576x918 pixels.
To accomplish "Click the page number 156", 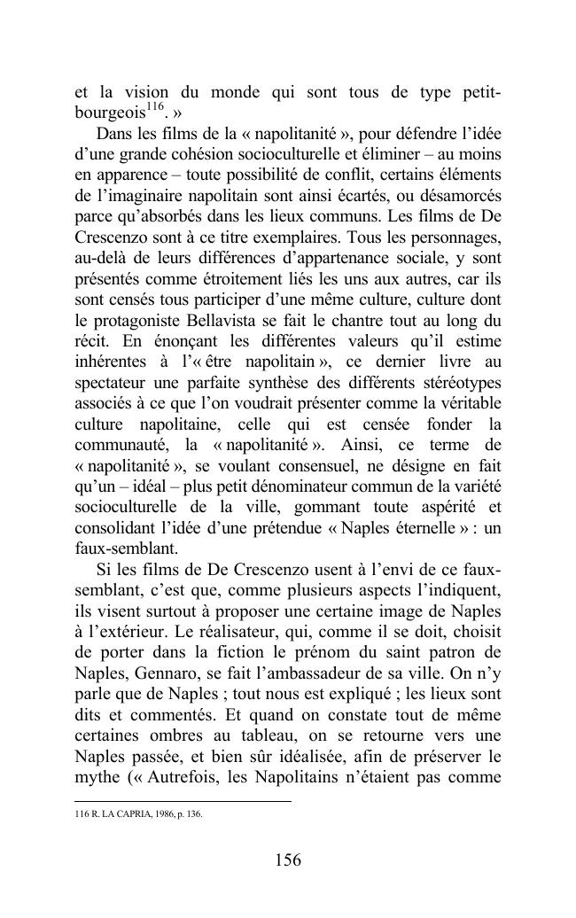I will [288, 860].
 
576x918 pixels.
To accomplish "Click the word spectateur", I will [113, 382].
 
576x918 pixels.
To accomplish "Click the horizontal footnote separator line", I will [182, 802].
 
